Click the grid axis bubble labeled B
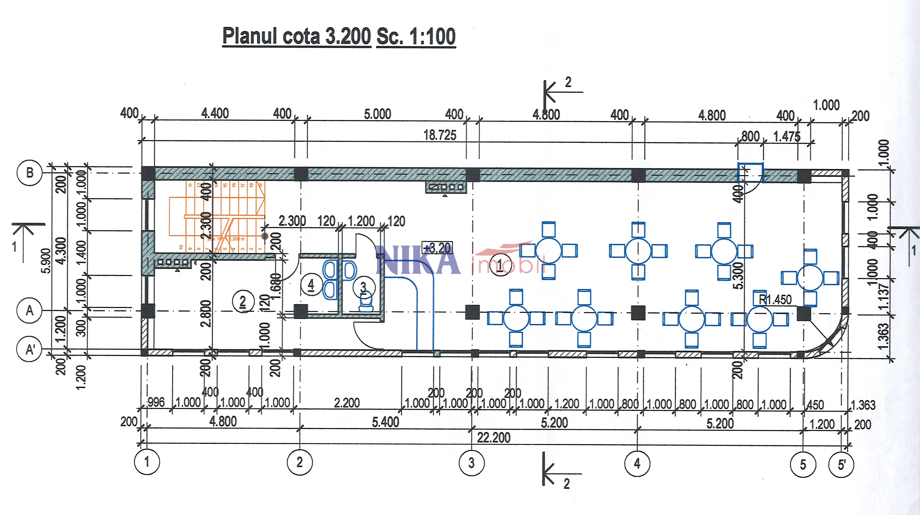click(x=30, y=173)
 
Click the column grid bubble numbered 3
click(x=472, y=463)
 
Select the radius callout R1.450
click(x=775, y=300)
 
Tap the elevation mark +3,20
click(x=437, y=248)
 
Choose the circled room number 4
click(x=311, y=285)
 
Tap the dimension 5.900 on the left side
click(x=46, y=260)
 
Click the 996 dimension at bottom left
click(x=156, y=403)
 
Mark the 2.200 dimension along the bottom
click(x=347, y=403)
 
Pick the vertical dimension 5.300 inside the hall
click(x=738, y=275)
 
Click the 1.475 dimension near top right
click(x=787, y=137)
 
